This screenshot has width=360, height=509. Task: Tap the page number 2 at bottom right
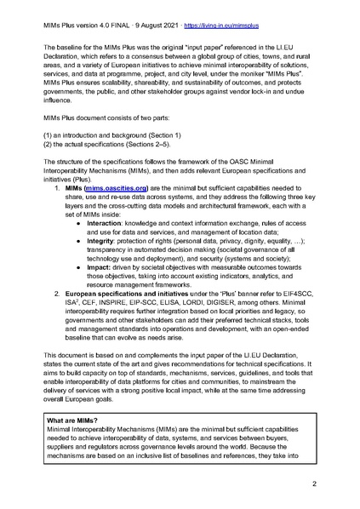314,483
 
